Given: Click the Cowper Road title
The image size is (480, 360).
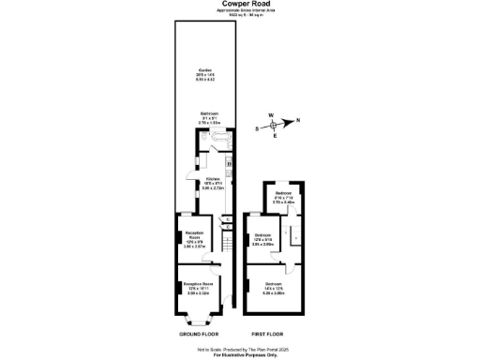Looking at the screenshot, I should [x=239, y=4].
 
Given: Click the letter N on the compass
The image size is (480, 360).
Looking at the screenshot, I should [x=298, y=119].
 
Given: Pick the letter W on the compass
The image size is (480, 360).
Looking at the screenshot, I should [x=271, y=115].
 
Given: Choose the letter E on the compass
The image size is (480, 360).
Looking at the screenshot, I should [x=275, y=137].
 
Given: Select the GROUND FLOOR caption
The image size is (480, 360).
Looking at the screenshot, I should [x=200, y=333].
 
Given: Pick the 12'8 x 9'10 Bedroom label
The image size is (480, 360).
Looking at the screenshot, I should [x=263, y=239].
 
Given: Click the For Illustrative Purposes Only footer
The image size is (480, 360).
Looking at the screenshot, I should [x=239, y=355].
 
